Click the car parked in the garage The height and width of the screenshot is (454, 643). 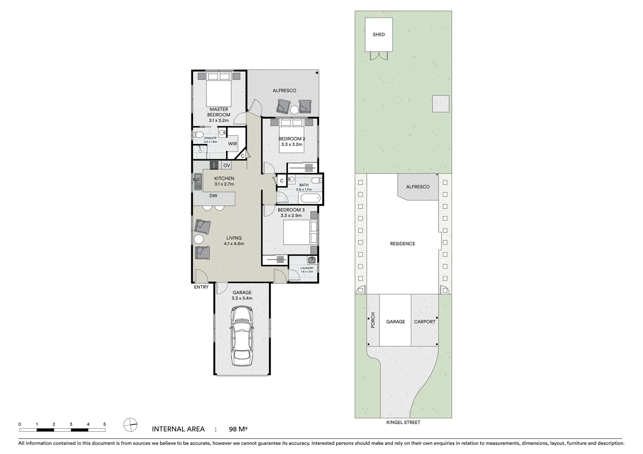tap(242, 337)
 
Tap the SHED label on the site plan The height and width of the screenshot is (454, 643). tap(378, 34)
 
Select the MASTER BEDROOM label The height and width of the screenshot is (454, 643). tap(219, 112)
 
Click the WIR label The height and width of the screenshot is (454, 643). tap(233, 144)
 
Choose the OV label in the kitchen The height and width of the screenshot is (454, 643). tap(227, 166)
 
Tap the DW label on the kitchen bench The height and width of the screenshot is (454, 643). tap(213, 195)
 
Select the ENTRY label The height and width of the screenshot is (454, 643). tap(201, 288)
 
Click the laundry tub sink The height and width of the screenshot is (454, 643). tap(312, 260)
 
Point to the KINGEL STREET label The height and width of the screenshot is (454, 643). tap(403, 422)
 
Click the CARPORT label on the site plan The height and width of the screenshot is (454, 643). tap(425, 322)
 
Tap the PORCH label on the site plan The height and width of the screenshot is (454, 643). tap(373, 320)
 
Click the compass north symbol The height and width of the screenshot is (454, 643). tap(131, 425)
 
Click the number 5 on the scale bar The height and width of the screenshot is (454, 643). tap(105, 425)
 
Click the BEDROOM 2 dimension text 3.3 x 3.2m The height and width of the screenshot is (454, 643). tap(291, 145)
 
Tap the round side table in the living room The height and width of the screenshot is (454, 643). tap(198, 240)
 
